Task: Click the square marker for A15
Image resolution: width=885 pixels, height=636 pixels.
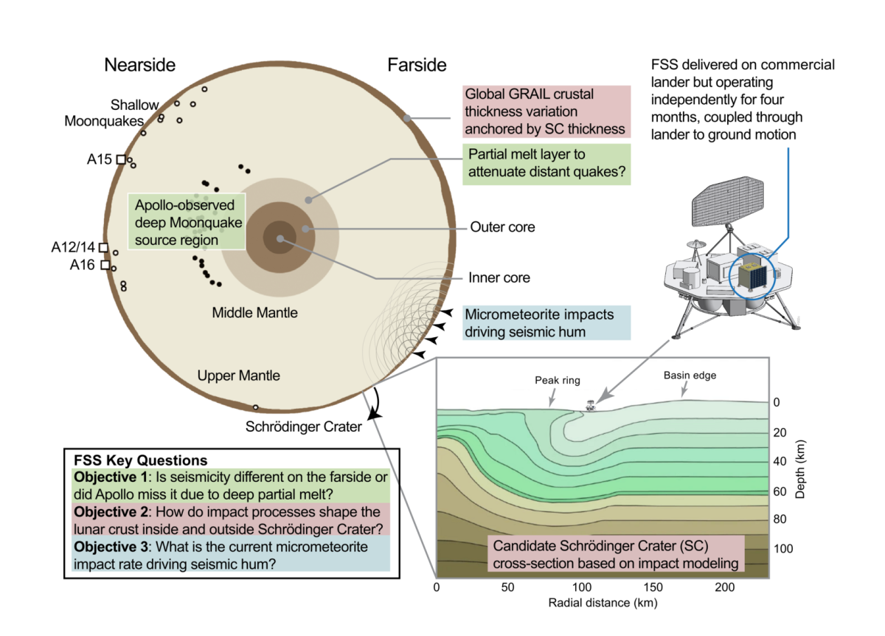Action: pos(121,159)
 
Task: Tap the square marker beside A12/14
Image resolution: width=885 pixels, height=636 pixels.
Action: pos(103,247)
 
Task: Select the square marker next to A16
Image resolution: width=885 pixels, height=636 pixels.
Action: pos(105,264)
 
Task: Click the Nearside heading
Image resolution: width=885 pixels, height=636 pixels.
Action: pos(139,65)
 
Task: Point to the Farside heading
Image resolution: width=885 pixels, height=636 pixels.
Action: pos(417,65)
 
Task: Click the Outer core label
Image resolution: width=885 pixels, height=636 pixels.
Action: pos(502,227)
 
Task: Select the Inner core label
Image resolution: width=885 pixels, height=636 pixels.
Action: pos(499,278)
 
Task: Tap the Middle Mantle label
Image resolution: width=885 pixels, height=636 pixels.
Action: pos(255,313)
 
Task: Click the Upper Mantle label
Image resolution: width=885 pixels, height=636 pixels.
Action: pos(239,376)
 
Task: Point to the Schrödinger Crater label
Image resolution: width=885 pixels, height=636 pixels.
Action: pos(305,426)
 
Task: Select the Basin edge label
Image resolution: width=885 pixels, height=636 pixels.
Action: pos(689,376)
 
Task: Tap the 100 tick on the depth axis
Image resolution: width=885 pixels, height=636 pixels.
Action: pos(783,550)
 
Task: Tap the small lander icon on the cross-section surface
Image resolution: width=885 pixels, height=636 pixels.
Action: pos(590,405)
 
